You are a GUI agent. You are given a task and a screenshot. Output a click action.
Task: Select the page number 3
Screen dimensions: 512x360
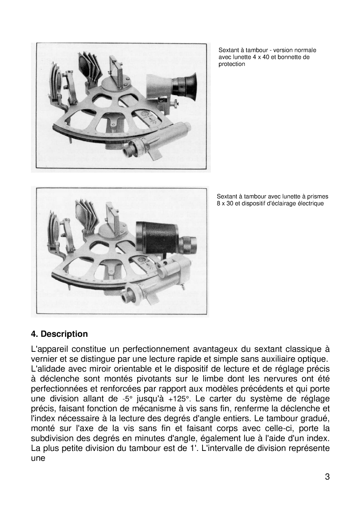pyautogui.click(x=327, y=477)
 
